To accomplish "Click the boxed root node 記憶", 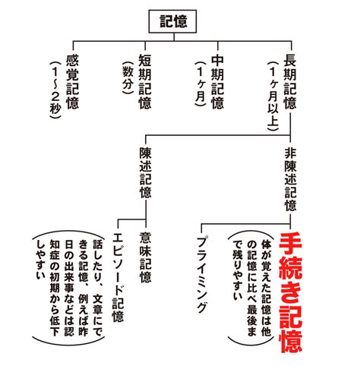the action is (172, 21).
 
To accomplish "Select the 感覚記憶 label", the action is (72, 82).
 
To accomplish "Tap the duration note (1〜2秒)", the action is (55, 90).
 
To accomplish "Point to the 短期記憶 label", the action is (145, 82).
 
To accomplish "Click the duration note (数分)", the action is (128, 77).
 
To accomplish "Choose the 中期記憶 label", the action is (217, 82).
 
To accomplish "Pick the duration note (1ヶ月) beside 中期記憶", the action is (201, 84).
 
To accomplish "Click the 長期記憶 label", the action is (290, 82).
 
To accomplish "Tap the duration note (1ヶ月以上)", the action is (273, 96).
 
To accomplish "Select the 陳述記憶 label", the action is (145, 172).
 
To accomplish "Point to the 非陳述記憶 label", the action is (290, 179).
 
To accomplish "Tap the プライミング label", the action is (202, 274).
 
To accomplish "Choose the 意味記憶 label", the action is (145, 257).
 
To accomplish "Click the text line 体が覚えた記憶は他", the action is (267, 289).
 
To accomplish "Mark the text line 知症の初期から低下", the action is (55, 288).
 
